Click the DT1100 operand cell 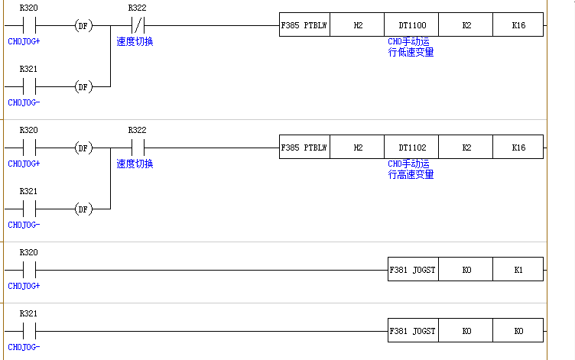pos(412,26)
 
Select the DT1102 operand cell pos(412,148)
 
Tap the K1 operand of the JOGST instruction pos(518,270)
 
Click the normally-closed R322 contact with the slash pos(138,26)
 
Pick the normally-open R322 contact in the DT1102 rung pos(138,148)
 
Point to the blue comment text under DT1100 pos(411,47)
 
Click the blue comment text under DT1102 pos(411,170)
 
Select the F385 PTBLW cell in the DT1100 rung pos(305,26)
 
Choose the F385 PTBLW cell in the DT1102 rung pos(305,148)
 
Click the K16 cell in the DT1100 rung pos(518,26)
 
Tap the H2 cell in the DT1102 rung pos(358,148)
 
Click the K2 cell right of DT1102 pos(466,148)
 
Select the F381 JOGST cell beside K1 pos(413,270)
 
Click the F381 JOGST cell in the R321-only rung pos(413,331)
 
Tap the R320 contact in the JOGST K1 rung pos(29,270)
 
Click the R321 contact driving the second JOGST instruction pos(29,331)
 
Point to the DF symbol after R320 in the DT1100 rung pos(83,26)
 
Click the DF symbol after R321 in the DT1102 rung pos(83,209)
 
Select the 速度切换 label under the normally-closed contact pos(135,41)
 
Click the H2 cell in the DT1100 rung pos(358,26)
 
